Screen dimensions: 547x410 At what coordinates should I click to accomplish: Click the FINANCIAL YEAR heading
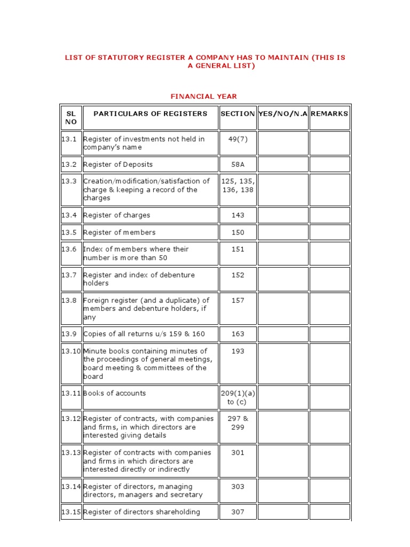pos(203,96)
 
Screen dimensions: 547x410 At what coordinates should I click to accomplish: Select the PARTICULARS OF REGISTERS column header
pos(150,114)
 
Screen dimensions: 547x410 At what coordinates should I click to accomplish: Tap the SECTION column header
pos(238,114)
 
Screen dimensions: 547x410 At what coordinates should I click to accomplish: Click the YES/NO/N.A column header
pos(282,114)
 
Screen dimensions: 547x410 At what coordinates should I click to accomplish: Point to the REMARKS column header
pos(329,114)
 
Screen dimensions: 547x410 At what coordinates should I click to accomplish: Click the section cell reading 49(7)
pos(238,139)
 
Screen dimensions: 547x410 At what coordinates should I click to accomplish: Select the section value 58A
pos(238,165)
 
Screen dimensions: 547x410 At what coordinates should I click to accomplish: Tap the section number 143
pos(238,215)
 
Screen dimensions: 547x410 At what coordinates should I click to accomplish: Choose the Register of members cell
pos(120,232)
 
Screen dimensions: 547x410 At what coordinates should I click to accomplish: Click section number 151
pos(238,249)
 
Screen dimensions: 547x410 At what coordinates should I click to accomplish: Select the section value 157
pos(238,300)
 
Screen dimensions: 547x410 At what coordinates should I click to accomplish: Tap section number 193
pos(238,351)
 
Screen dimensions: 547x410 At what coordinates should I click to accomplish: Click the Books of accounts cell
pos(114,393)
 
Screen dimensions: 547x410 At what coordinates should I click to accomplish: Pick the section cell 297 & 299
pos(238,423)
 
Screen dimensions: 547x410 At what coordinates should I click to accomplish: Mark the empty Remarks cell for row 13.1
pos(329,143)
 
